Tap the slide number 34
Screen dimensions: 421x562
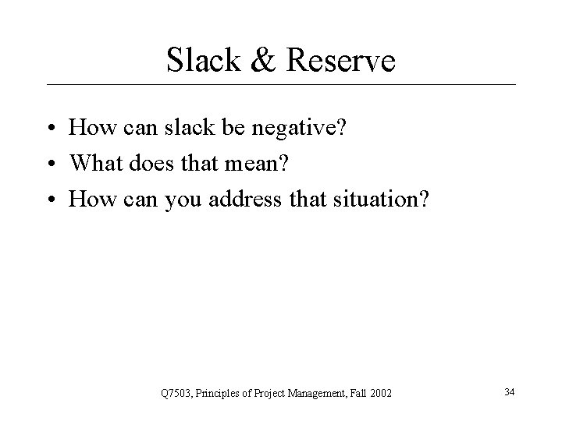click(510, 389)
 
